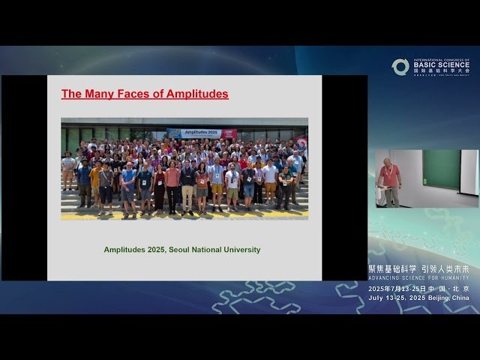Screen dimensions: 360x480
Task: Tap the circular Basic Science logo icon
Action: tap(400, 67)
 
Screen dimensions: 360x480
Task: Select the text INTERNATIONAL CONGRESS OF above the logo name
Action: tap(441, 60)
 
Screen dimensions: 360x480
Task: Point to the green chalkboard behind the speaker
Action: tap(441, 169)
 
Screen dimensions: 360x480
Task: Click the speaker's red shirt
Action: tap(388, 176)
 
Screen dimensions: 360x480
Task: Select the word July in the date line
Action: tap(376, 298)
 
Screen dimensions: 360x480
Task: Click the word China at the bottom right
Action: tap(460, 298)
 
